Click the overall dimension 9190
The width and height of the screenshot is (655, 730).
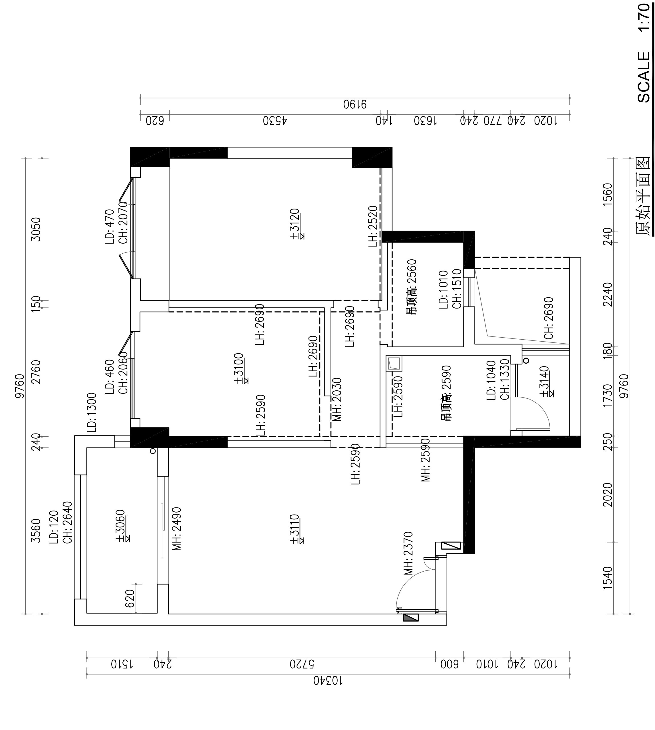click(x=354, y=105)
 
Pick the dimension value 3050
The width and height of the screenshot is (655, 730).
click(x=36, y=229)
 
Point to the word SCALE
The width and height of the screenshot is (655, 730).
click(x=644, y=77)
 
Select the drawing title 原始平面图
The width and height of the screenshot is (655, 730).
click(x=642, y=196)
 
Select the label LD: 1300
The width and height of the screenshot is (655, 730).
click(x=91, y=413)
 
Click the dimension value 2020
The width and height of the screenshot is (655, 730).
click(x=608, y=495)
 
